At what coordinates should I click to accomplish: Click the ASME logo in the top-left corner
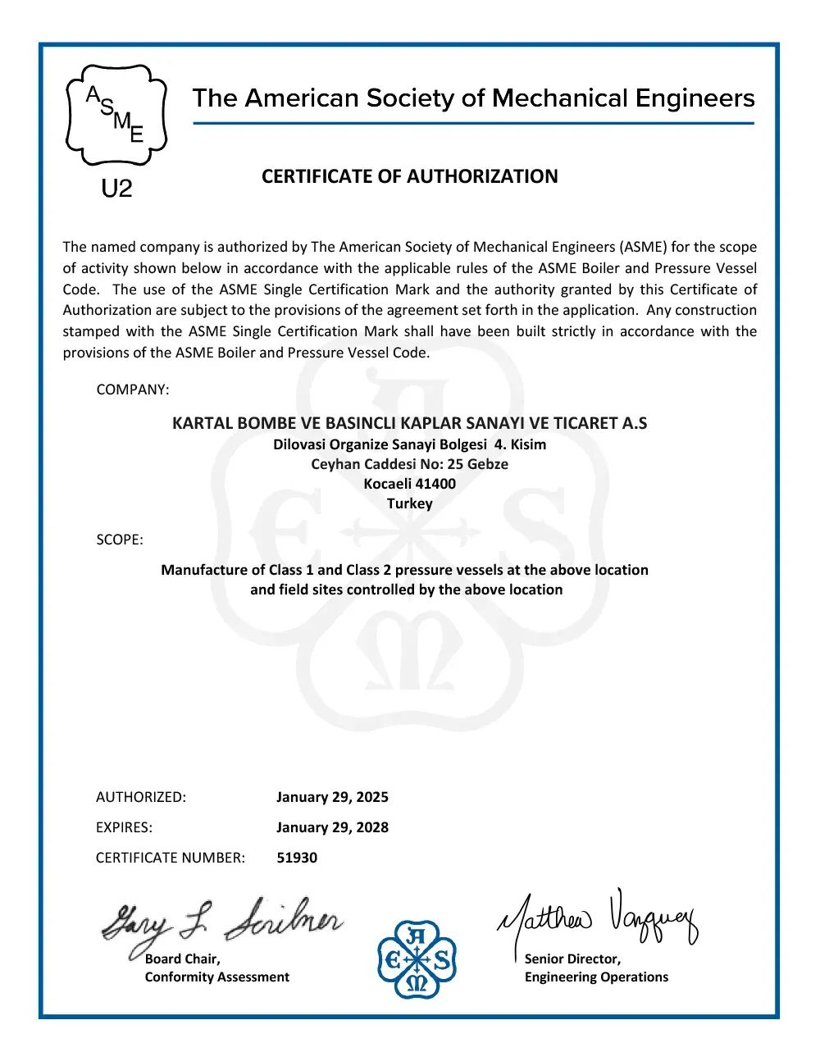pyautogui.click(x=116, y=115)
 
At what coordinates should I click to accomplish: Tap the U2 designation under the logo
pyautogui.click(x=116, y=189)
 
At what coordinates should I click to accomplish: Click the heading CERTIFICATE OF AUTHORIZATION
pyautogui.click(x=409, y=176)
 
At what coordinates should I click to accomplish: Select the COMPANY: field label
pyautogui.click(x=133, y=389)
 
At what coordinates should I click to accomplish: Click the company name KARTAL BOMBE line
pyautogui.click(x=409, y=423)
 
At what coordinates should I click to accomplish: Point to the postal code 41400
pyautogui.click(x=435, y=484)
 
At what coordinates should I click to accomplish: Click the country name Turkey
pyautogui.click(x=409, y=503)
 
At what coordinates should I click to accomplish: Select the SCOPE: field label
pyautogui.click(x=120, y=540)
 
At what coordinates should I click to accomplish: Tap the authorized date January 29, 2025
pyautogui.click(x=332, y=797)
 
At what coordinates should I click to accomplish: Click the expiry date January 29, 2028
pyautogui.click(x=332, y=827)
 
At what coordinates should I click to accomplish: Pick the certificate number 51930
pyautogui.click(x=297, y=858)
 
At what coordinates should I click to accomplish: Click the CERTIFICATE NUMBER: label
pyautogui.click(x=171, y=858)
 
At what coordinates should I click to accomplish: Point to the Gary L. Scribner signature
pyautogui.click(x=221, y=922)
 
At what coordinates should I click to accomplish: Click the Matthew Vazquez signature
pyautogui.click(x=597, y=918)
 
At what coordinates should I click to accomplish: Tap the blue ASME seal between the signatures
pyautogui.click(x=417, y=959)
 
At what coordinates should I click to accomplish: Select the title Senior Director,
pyautogui.click(x=572, y=959)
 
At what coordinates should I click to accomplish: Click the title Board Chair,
pyautogui.click(x=182, y=959)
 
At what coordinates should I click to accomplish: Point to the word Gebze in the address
pyautogui.click(x=488, y=464)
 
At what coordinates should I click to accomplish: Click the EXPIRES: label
pyautogui.click(x=124, y=827)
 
